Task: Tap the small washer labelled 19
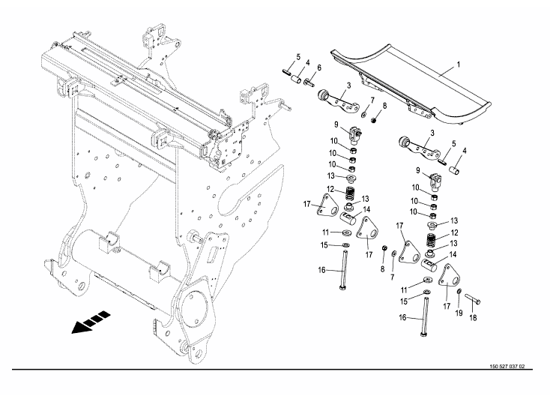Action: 459,290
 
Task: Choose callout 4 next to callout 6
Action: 307,64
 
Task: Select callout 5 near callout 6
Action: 297,56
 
